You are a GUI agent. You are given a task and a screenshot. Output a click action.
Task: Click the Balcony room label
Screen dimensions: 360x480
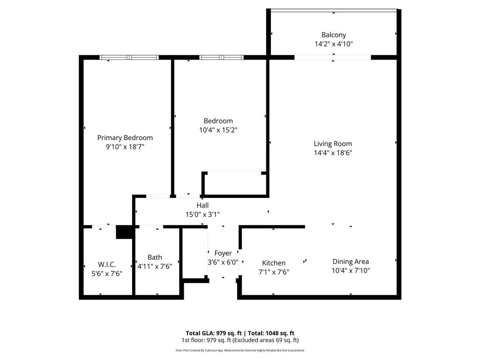click(333, 35)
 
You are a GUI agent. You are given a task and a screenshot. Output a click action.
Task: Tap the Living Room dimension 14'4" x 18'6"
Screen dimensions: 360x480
click(333, 152)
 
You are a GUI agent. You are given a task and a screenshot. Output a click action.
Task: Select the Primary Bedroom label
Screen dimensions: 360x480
click(125, 137)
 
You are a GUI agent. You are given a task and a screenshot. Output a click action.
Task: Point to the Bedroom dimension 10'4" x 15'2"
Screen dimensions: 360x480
click(218, 130)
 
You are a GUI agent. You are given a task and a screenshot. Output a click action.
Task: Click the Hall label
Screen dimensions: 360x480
click(202, 205)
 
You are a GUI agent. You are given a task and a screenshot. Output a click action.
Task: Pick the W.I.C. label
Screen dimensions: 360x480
click(107, 264)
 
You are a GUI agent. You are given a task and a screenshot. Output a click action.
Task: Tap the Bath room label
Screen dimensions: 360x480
click(155, 257)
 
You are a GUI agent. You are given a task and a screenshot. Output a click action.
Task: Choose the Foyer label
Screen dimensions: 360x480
click(223, 253)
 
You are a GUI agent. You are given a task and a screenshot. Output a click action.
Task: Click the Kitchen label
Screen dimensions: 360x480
click(274, 263)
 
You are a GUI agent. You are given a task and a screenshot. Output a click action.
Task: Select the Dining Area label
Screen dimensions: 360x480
click(351, 262)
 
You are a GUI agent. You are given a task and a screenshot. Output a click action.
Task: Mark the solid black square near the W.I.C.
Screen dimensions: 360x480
click(125, 232)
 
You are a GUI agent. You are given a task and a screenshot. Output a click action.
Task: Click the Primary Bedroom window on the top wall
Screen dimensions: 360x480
click(129, 58)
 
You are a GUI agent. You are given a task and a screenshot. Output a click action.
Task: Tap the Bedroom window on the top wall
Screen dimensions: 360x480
click(221, 58)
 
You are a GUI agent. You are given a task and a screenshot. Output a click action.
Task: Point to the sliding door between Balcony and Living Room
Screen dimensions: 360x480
click(333, 58)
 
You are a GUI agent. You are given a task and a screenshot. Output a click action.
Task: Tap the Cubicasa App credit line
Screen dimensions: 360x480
click(240, 350)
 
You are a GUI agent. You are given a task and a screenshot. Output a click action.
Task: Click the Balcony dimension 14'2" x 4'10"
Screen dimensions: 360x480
click(333, 44)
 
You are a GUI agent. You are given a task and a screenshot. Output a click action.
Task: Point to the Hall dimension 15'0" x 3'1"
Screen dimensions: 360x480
click(202, 214)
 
